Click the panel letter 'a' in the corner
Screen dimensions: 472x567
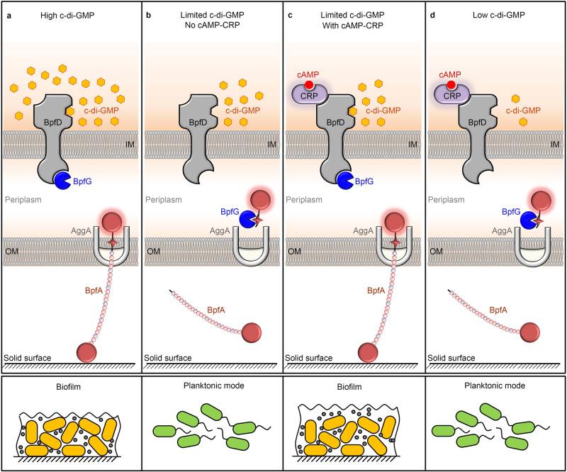click(9, 12)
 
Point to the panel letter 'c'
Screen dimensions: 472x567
click(291, 12)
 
